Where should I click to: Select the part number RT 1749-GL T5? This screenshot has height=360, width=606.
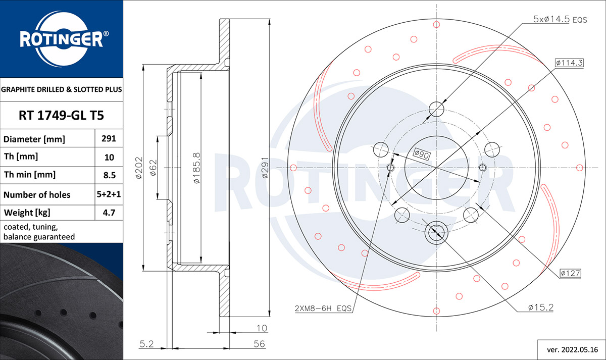click(61, 115)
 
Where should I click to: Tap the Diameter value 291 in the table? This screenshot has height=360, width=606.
click(109, 138)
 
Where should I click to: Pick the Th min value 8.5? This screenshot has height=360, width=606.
click(109, 175)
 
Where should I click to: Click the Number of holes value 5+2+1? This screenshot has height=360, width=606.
click(109, 194)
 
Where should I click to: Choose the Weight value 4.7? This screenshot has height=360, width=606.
click(109, 213)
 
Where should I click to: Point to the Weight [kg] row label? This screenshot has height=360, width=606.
click(27, 213)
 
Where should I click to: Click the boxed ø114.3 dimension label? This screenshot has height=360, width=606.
click(569, 63)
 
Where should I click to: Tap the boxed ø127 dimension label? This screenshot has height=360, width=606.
click(570, 273)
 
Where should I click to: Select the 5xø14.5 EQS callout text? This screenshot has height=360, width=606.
click(560, 20)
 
